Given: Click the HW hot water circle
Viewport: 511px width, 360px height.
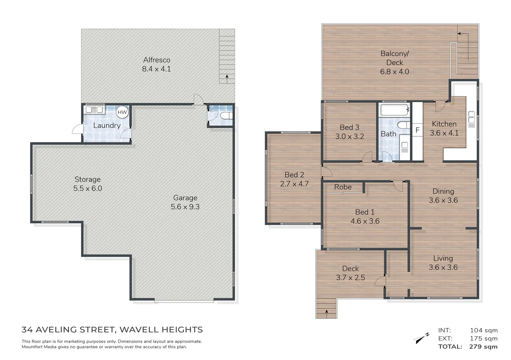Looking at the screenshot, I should [x=122, y=112].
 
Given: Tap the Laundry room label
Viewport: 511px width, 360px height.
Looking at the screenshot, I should [x=107, y=125].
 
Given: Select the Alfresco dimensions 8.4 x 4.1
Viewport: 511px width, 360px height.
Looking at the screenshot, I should [x=156, y=69].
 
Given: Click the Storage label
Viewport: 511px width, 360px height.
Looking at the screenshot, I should [x=87, y=179].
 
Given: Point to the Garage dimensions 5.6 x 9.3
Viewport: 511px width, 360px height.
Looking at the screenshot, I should [x=185, y=207].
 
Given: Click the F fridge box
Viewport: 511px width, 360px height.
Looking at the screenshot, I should [x=417, y=130].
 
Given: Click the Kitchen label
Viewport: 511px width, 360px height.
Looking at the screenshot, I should [x=444, y=124].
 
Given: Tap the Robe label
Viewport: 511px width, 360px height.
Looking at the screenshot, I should [x=343, y=187].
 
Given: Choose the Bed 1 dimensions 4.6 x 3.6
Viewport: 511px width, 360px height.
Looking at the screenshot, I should [x=365, y=221].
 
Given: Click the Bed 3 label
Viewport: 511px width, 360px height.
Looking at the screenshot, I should [x=350, y=127].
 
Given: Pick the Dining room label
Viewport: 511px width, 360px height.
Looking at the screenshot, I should [x=443, y=191].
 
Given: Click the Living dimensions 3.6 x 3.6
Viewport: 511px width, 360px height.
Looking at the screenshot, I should [x=443, y=267].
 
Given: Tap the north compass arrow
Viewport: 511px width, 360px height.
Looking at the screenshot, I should [x=421, y=338].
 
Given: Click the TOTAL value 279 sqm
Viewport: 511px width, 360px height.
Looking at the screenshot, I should [x=483, y=347].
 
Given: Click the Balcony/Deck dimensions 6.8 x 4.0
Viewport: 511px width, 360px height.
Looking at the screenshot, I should [x=395, y=72].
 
